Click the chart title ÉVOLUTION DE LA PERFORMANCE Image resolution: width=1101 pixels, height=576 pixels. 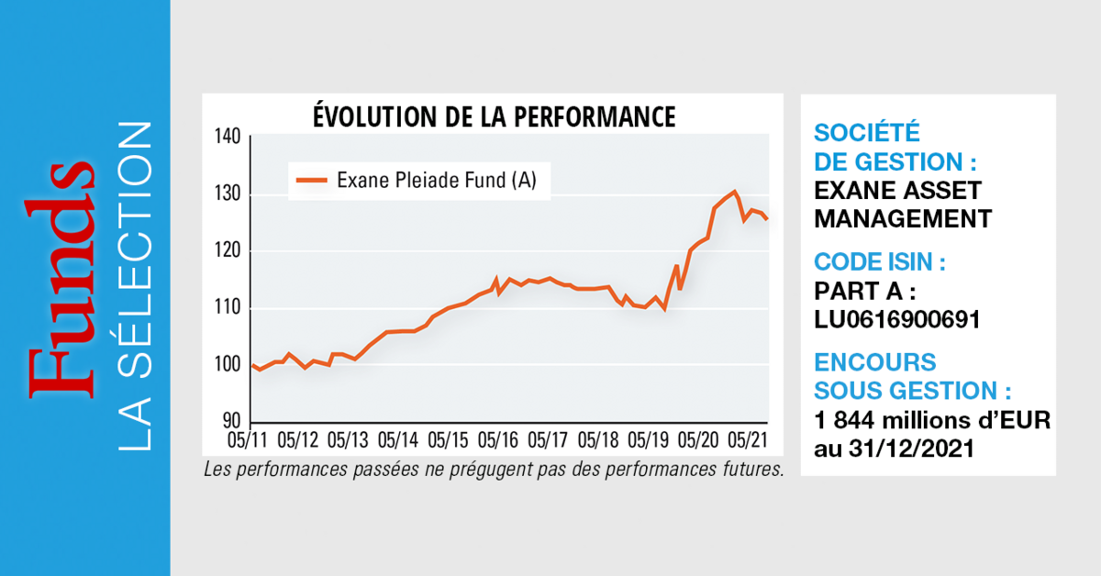(x=494, y=117)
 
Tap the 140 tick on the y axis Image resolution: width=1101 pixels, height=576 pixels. (x=228, y=138)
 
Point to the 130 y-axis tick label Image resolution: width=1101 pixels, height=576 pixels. (x=228, y=194)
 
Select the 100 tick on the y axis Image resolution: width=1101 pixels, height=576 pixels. (x=228, y=365)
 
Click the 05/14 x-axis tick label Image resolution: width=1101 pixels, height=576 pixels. (x=397, y=439)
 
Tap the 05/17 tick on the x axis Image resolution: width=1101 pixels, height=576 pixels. (x=548, y=439)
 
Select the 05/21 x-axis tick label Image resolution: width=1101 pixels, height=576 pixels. (x=748, y=439)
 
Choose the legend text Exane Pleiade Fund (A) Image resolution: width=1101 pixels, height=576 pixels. (x=437, y=181)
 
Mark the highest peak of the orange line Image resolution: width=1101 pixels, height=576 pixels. (x=734, y=192)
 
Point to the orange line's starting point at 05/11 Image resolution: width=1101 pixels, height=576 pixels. (x=252, y=365)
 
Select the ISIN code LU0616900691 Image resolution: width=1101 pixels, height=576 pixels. (x=897, y=318)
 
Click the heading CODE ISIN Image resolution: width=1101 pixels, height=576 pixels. (x=880, y=262)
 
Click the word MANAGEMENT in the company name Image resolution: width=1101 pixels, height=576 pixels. (x=903, y=219)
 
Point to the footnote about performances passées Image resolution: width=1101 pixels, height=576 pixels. (x=493, y=471)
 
